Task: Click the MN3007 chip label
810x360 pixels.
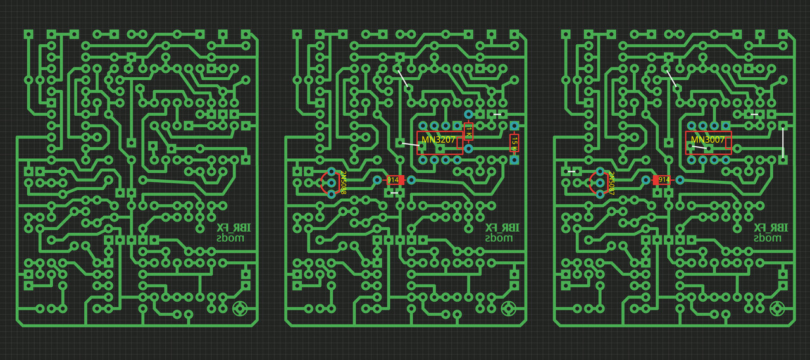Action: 707,140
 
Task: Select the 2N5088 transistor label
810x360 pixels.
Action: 344,182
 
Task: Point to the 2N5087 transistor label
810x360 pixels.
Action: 611,182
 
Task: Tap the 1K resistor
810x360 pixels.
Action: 469,132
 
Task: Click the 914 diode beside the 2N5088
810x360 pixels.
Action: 395,180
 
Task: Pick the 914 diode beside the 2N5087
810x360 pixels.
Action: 663,180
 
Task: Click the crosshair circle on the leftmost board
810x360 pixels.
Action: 240,309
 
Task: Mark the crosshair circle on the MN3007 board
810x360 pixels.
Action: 777,309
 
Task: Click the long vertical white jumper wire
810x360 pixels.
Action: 783,143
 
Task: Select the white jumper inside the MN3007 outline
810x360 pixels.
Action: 699,147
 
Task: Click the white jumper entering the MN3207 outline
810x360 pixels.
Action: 411,145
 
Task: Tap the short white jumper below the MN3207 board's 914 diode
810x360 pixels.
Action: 394,193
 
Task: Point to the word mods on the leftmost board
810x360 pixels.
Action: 230,239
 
